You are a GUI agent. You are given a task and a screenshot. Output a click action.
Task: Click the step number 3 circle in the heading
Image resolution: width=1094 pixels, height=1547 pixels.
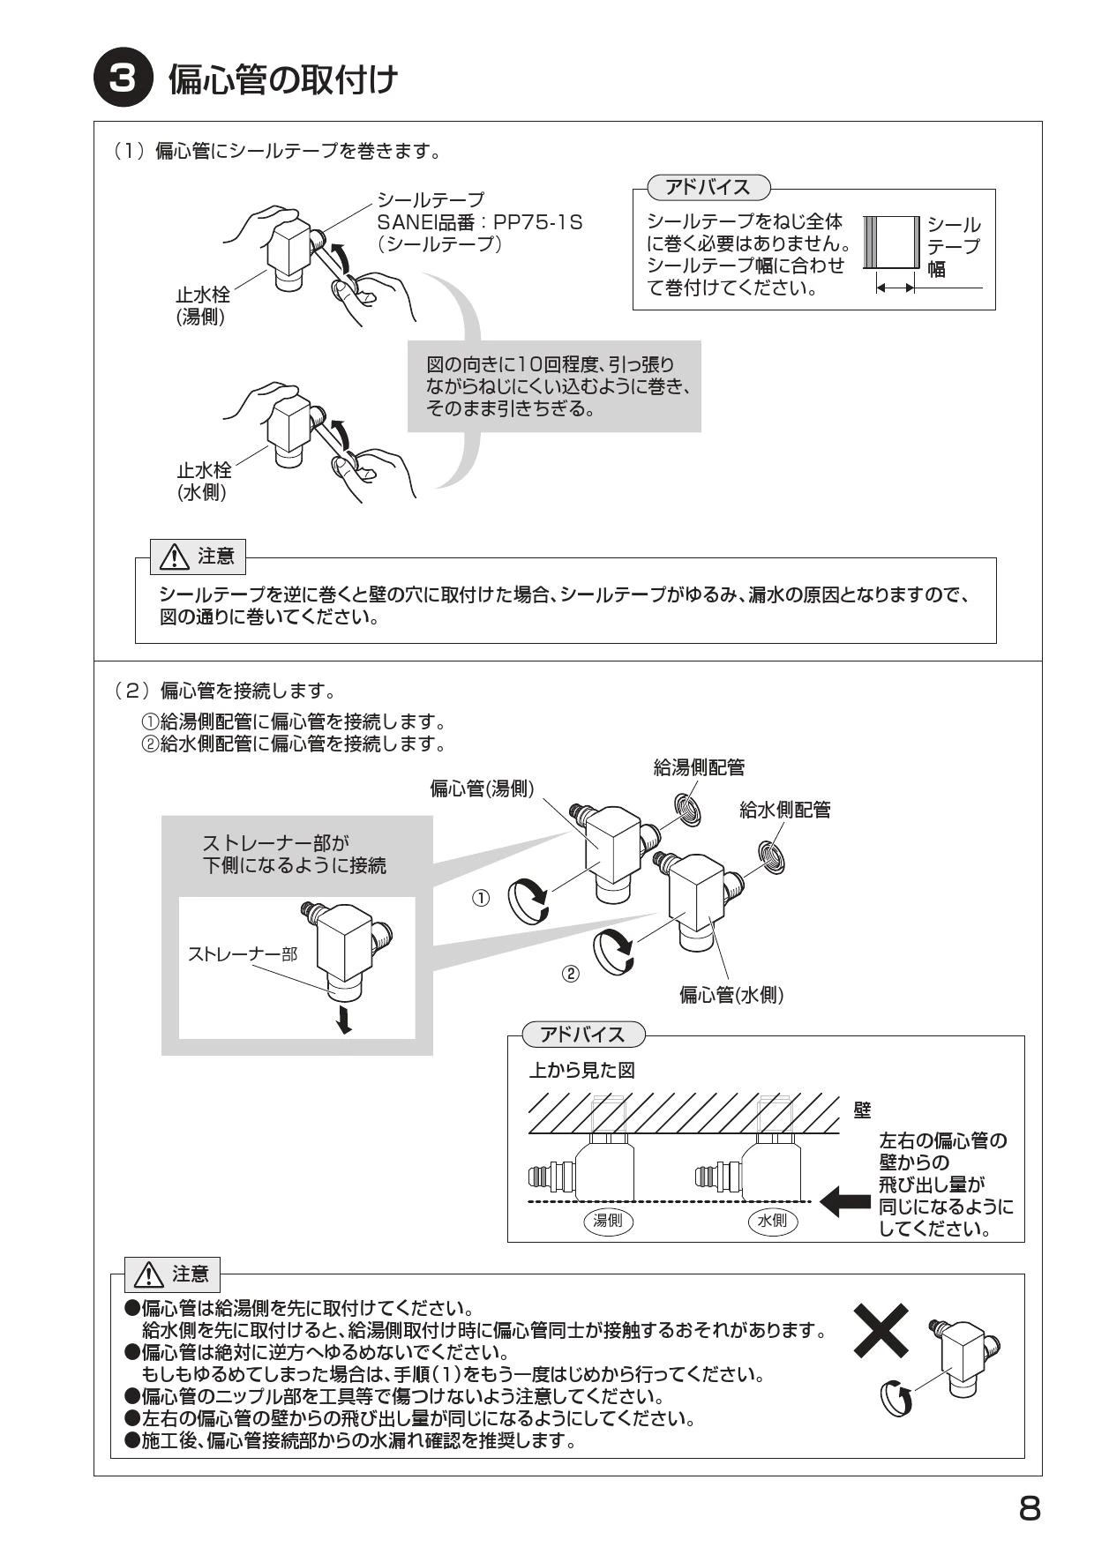[123, 79]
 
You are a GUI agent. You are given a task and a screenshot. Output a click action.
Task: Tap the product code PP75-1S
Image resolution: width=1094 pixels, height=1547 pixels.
[538, 222]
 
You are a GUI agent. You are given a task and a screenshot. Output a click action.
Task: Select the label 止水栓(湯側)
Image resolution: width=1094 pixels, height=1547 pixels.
[202, 306]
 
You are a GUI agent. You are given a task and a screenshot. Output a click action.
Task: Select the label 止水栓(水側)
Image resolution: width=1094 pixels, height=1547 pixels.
[203, 482]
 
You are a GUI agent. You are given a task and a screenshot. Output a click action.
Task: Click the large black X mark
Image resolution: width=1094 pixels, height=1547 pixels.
[881, 1331]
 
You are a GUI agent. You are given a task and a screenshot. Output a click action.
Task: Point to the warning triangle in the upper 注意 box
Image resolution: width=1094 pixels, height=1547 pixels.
[175, 557]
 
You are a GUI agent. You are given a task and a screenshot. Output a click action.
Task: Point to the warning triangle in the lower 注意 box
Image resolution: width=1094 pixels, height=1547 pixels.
[149, 1274]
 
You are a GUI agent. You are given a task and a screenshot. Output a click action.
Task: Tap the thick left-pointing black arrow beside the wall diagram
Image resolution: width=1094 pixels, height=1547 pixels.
[845, 1200]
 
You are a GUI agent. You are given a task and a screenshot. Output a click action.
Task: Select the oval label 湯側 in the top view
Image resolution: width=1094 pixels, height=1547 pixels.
[609, 1221]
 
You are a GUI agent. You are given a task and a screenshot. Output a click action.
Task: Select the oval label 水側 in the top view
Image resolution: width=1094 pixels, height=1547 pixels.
[772, 1221]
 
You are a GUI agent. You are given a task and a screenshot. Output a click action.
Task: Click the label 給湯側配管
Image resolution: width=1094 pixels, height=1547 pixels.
[699, 767]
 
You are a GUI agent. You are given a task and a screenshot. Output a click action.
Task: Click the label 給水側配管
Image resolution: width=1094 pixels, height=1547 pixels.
[784, 810]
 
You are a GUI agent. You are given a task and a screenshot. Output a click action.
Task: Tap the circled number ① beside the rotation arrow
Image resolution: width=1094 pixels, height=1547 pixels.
[481, 898]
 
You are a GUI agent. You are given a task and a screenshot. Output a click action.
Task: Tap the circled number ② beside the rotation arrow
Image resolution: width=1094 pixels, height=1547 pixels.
[571, 974]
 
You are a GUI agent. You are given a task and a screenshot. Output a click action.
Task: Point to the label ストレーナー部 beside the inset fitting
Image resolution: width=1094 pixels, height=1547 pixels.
[243, 953]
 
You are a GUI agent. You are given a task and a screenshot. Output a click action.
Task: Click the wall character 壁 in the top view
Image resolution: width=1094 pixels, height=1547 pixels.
[862, 1110]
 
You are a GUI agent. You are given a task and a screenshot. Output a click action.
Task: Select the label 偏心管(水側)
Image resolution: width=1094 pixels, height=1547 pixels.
[731, 996]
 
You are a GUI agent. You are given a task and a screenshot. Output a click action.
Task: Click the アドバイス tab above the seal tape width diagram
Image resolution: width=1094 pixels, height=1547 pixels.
[708, 187]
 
